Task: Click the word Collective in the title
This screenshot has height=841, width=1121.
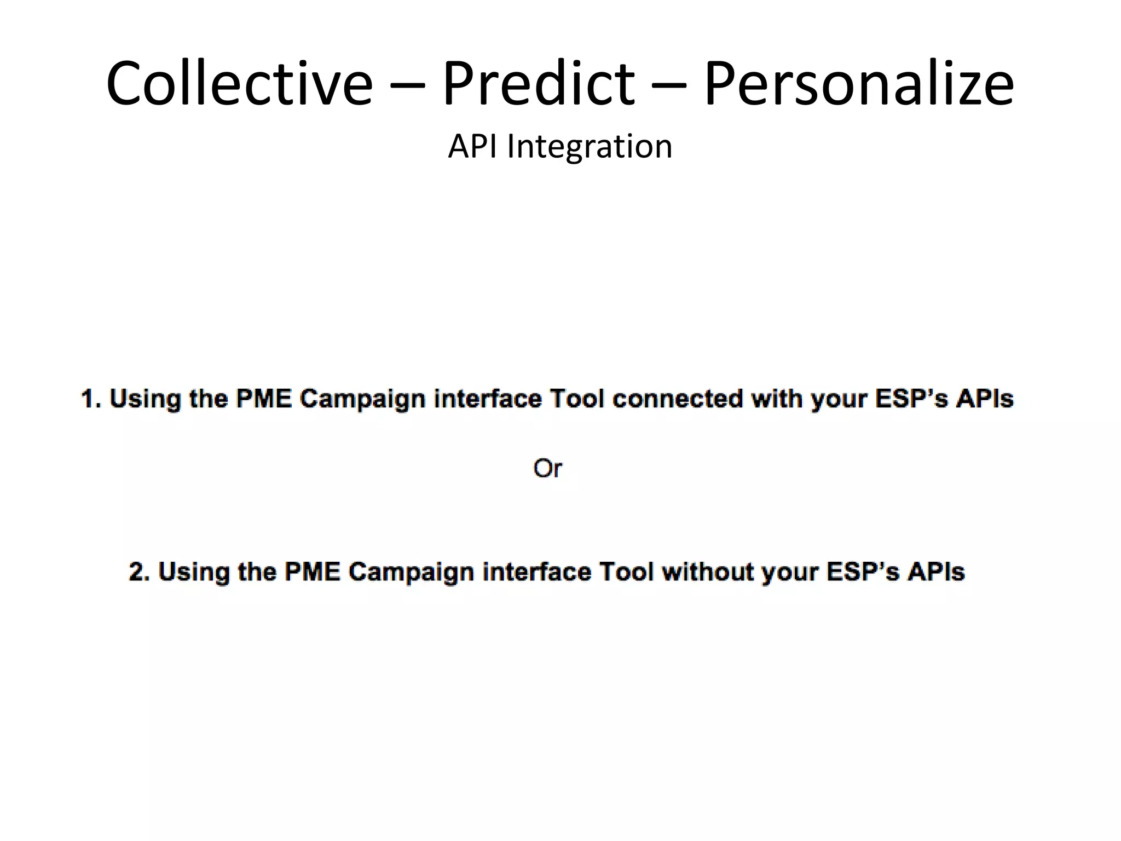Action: pos(239,84)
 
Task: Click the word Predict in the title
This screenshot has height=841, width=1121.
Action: pos(538,84)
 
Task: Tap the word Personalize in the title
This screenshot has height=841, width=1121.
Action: pos(858,84)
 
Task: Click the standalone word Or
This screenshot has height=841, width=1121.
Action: pos(547,469)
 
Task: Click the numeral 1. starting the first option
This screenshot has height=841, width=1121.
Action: pos(91,399)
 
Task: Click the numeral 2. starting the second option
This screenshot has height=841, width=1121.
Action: pos(139,572)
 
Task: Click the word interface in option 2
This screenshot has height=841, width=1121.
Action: pos(536,572)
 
